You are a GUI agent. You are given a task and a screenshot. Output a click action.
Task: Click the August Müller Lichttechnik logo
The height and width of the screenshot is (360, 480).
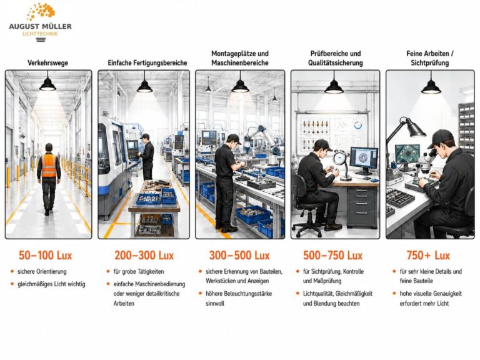pos(41,22)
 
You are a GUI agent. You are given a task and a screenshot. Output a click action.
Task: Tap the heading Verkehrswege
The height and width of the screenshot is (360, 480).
pos(47,63)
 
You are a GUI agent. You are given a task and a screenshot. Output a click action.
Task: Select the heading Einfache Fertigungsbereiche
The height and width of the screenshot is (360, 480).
pos(147,63)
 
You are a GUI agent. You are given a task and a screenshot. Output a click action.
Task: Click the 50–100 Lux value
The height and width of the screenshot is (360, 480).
pos(45,255)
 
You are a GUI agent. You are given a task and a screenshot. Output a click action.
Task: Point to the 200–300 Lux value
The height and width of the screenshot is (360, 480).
pos(144,255)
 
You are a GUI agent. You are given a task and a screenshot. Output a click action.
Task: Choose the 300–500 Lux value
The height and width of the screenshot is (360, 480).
pos(239,255)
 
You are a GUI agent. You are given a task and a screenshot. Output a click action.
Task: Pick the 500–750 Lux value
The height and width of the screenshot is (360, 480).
pos(332,255)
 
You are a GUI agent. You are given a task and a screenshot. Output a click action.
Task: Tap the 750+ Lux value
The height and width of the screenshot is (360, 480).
pos(428,255)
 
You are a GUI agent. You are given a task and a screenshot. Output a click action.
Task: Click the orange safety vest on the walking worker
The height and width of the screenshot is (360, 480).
pos(49,165)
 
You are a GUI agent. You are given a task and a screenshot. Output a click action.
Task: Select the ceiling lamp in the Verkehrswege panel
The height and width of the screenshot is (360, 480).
pos(47,84)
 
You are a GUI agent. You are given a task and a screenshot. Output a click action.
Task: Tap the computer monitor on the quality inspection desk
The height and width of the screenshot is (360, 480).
pos(364,160)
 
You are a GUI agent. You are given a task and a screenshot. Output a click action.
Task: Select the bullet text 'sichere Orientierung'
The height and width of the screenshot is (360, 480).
pos(42,271)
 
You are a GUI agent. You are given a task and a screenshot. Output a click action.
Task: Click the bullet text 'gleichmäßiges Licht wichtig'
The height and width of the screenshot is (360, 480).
pos(51,284)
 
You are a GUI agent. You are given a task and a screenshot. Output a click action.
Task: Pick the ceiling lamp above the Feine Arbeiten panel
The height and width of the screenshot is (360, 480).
pos(431,85)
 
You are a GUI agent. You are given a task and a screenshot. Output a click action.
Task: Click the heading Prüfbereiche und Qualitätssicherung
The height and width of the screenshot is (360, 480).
pos(336,58)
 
